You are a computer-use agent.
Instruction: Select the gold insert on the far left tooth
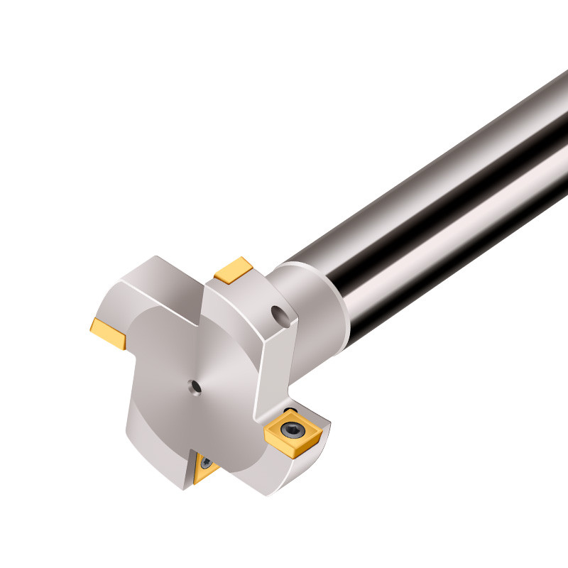point(109,333)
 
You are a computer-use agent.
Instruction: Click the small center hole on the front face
point(193,386)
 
